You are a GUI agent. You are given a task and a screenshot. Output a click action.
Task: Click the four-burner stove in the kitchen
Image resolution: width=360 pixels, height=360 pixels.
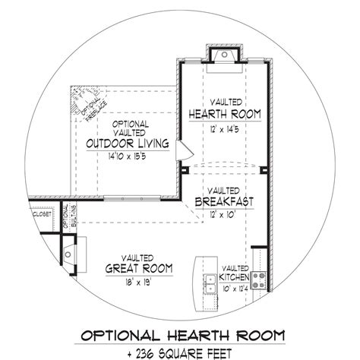[x=260, y=278]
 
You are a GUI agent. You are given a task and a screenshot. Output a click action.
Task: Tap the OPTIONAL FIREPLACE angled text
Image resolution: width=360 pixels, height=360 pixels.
[x=80, y=104]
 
